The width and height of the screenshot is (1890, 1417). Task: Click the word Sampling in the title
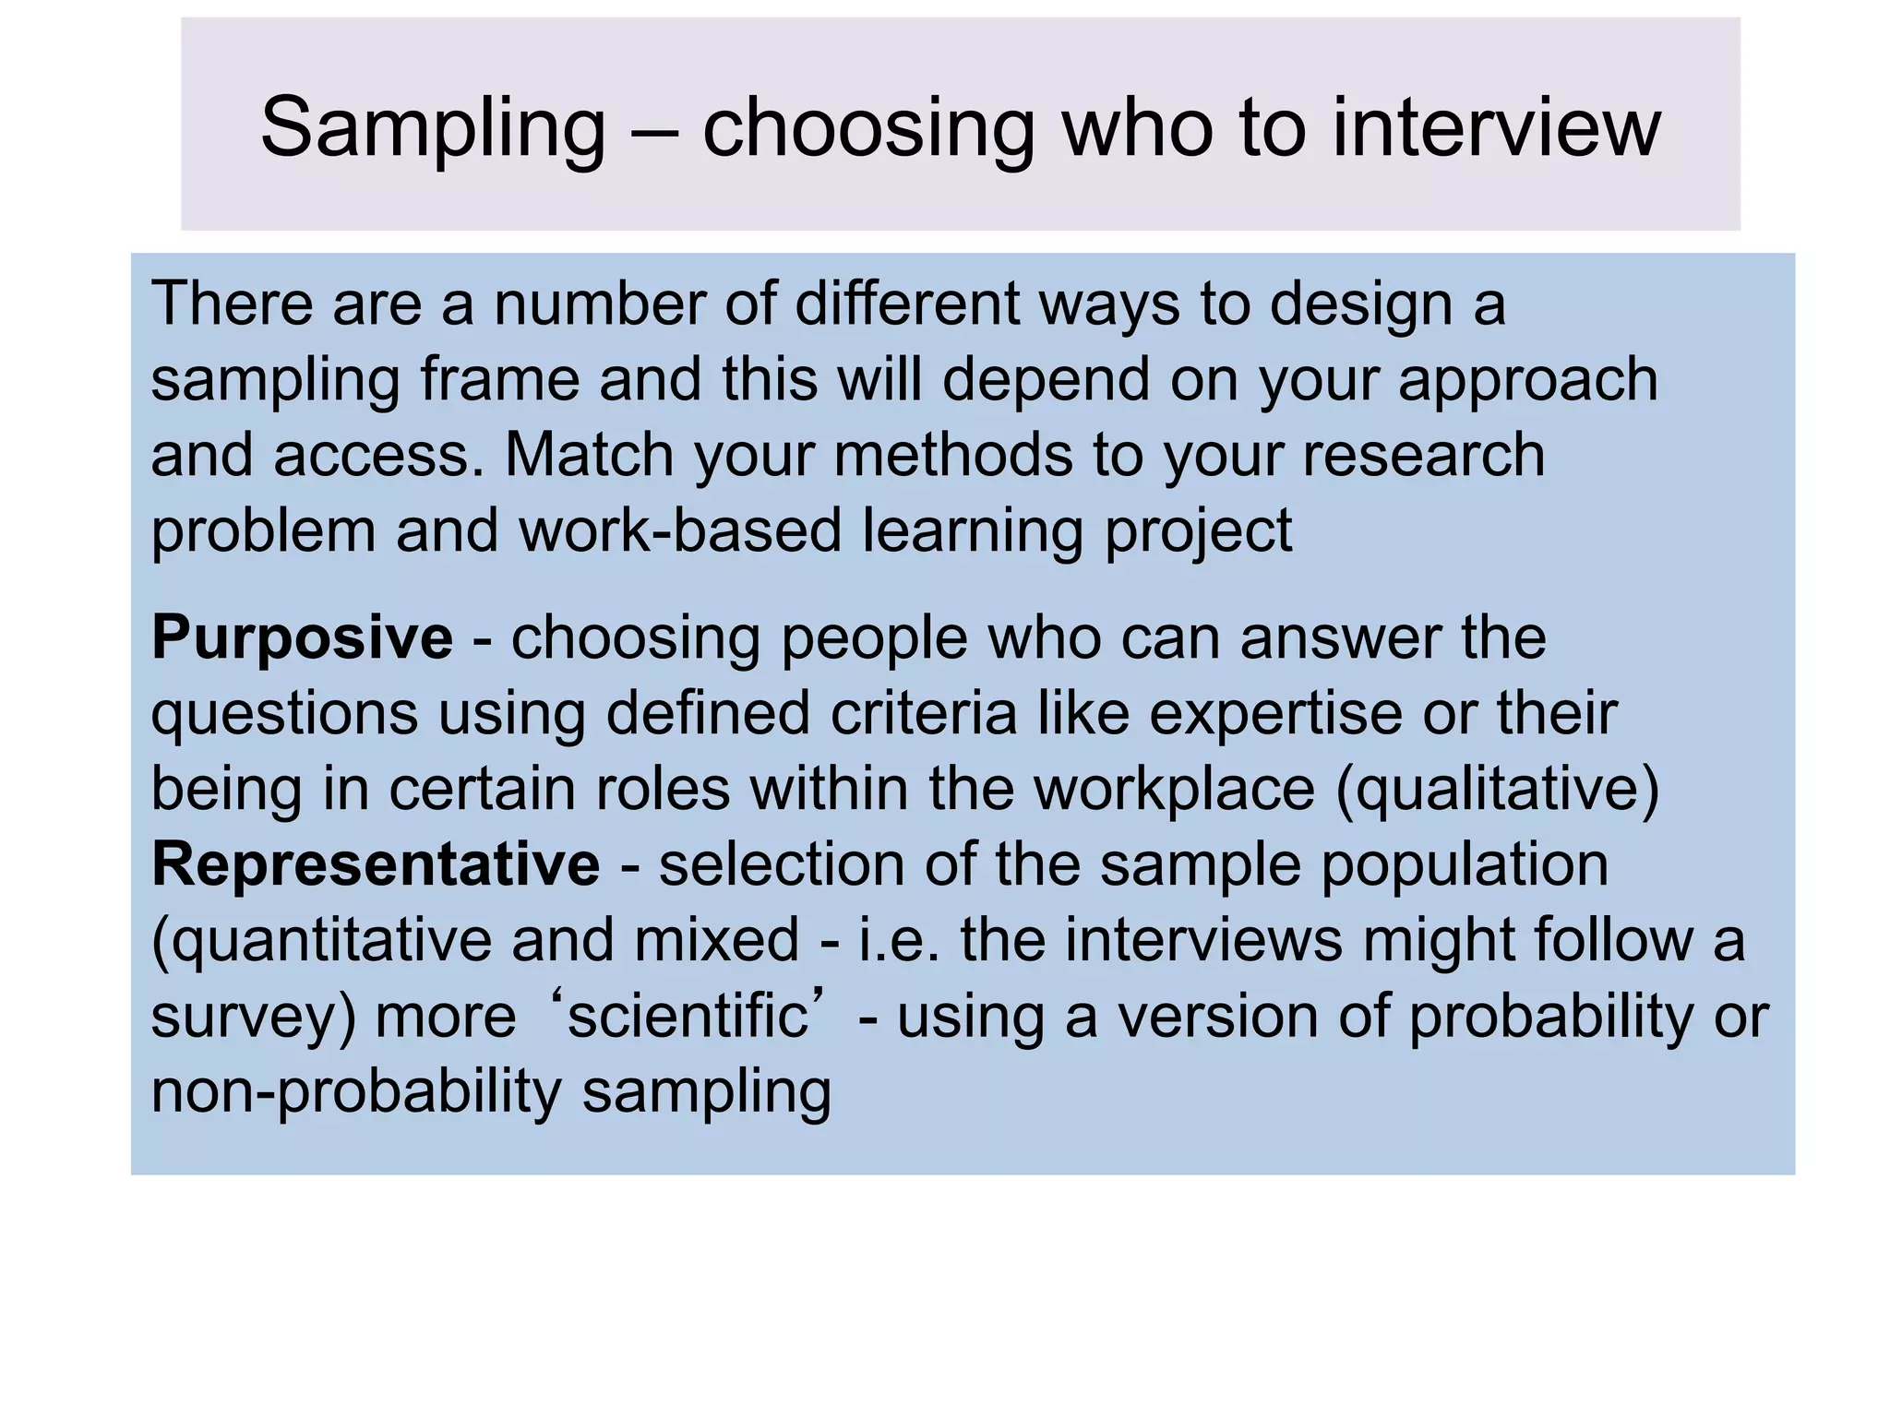point(432,129)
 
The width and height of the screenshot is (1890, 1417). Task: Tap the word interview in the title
point(1496,129)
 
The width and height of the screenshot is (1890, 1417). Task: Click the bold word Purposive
point(302,638)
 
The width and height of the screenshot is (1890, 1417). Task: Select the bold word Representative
point(376,865)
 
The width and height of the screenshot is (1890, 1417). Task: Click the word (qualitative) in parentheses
point(1497,791)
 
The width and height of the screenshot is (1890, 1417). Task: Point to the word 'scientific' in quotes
point(687,1017)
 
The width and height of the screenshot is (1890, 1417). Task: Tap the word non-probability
point(355,1092)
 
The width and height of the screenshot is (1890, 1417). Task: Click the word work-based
point(680,531)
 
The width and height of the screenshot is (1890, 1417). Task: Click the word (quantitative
point(321,941)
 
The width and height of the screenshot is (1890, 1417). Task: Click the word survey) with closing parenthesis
point(253,1017)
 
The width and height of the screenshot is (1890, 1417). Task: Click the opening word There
point(232,304)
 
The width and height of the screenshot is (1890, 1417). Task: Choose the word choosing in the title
point(868,129)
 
